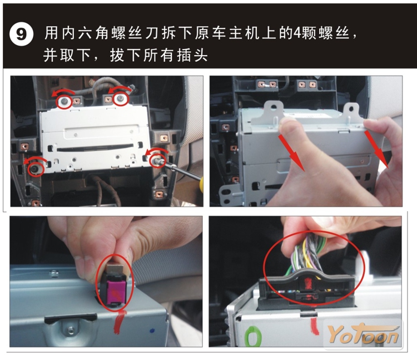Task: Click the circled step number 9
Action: pos(21,34)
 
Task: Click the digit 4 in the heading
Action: pos(297,33)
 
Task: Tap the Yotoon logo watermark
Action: pos(364,334)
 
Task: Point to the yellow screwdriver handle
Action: pos(201,184)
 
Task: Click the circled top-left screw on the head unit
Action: pos(64,101)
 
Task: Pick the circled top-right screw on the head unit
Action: pos(121,99)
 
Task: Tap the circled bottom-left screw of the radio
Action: pos(35,169)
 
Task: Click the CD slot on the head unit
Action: pos(95,147)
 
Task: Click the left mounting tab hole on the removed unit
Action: pos(274,107)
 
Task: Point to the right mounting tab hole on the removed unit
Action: pos(351,109)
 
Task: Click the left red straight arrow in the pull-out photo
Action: pos(291,152)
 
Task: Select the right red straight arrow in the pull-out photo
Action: pos(376,149)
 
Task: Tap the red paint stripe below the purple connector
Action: pos(119,322)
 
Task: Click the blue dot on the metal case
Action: pos(152,331)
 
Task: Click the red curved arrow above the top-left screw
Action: pos(63,92)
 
